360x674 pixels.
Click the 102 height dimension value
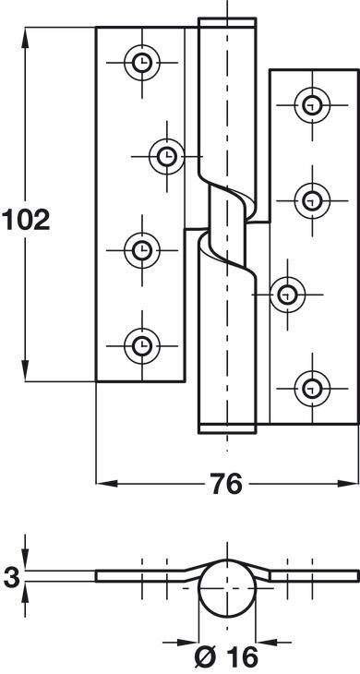[x=26, y=219]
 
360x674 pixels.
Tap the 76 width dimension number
[x=226, y=484]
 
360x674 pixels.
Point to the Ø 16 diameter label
[x=226, y=657]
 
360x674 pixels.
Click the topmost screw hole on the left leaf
[x=142, y=63]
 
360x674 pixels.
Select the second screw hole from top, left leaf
[x=167, y=156]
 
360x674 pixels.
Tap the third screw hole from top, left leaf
[x=142, y=250]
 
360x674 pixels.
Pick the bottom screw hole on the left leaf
[x=142, y=345]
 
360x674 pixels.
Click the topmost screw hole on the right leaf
[x=312, y=105]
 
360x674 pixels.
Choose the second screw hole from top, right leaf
[x=312, y=200]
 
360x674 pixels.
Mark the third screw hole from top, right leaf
[x=287, y=295]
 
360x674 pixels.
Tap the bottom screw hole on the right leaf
[x=312, y=389]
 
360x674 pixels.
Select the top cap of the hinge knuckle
[x=227, y=23]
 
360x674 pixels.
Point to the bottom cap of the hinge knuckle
[x=227, y=428]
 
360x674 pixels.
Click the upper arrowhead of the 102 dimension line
[x=25, y=37]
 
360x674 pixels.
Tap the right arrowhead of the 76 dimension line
[x=348, y=484]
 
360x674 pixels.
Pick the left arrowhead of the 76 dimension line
[x=106, y=484]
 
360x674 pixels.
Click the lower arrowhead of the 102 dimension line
[x=25, y=371]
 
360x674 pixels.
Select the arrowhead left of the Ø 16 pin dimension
[x=188, y=643]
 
